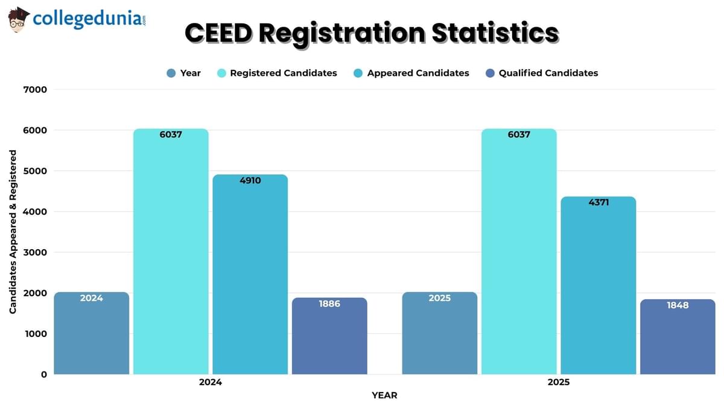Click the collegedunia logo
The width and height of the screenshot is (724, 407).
pos(77,19)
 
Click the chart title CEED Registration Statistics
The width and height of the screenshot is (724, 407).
pos(371,34)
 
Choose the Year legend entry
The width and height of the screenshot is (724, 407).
pos(184,73)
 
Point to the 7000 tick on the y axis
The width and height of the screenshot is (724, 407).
pos(35,89)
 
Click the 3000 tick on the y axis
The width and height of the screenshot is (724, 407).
pos(35,252)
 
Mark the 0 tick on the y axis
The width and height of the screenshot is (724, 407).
pos(43,374)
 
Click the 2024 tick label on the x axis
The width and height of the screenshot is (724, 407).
pos(210,382)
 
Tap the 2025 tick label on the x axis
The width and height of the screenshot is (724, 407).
pos(558,382)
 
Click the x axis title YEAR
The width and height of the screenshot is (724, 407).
pos(384,396)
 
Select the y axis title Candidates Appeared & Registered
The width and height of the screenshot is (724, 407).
pos(13,232)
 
